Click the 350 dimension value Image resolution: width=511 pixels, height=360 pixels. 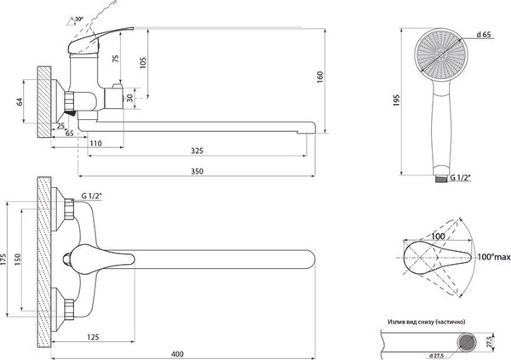(197, 171)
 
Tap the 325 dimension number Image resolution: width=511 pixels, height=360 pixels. (197, 151)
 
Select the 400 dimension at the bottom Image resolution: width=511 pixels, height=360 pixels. (177, 354)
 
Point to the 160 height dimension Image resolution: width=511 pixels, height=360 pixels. (319, 77)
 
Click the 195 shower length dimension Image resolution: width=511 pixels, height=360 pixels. (396, 101)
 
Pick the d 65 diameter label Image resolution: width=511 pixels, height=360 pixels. (484, 34)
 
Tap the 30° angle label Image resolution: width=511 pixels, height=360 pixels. (79, 20)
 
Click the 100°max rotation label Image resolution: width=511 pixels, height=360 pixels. (494, 257)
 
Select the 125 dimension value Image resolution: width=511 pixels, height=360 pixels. (93, 337)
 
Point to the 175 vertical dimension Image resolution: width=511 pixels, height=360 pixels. (3, 259)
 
